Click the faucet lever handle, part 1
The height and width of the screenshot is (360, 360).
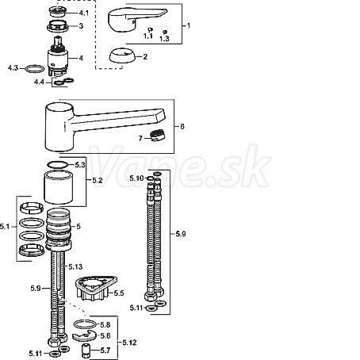coord(132,20)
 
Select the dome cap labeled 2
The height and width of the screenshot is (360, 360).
coord(122,56)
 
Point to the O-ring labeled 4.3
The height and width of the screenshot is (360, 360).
coord(35,69)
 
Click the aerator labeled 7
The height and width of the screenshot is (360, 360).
coord(157,136)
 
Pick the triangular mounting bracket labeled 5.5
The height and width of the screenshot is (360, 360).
coord(96,288)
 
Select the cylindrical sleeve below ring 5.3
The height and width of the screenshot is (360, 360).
coord(58,187)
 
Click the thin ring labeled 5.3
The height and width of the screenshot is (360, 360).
coord(57,165)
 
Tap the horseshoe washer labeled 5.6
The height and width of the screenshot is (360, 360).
coord(85,336)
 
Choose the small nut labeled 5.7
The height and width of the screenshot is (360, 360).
coord(86,350)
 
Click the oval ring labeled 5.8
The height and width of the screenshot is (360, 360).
coord(85,324)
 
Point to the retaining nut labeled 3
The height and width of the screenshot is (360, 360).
coord(58,26)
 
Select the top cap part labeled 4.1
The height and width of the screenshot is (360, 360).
coord(58,12)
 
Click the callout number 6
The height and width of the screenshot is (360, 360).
coord(182,127)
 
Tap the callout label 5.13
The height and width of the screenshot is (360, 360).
coord(75,266)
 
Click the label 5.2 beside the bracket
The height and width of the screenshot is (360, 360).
coord(98,181)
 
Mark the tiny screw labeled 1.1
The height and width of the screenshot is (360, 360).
coord(151,29)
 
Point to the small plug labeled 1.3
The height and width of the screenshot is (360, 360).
coord(165,32)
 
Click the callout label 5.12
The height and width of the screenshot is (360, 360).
coord(129,343)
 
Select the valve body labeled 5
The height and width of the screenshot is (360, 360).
coord(58,228)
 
